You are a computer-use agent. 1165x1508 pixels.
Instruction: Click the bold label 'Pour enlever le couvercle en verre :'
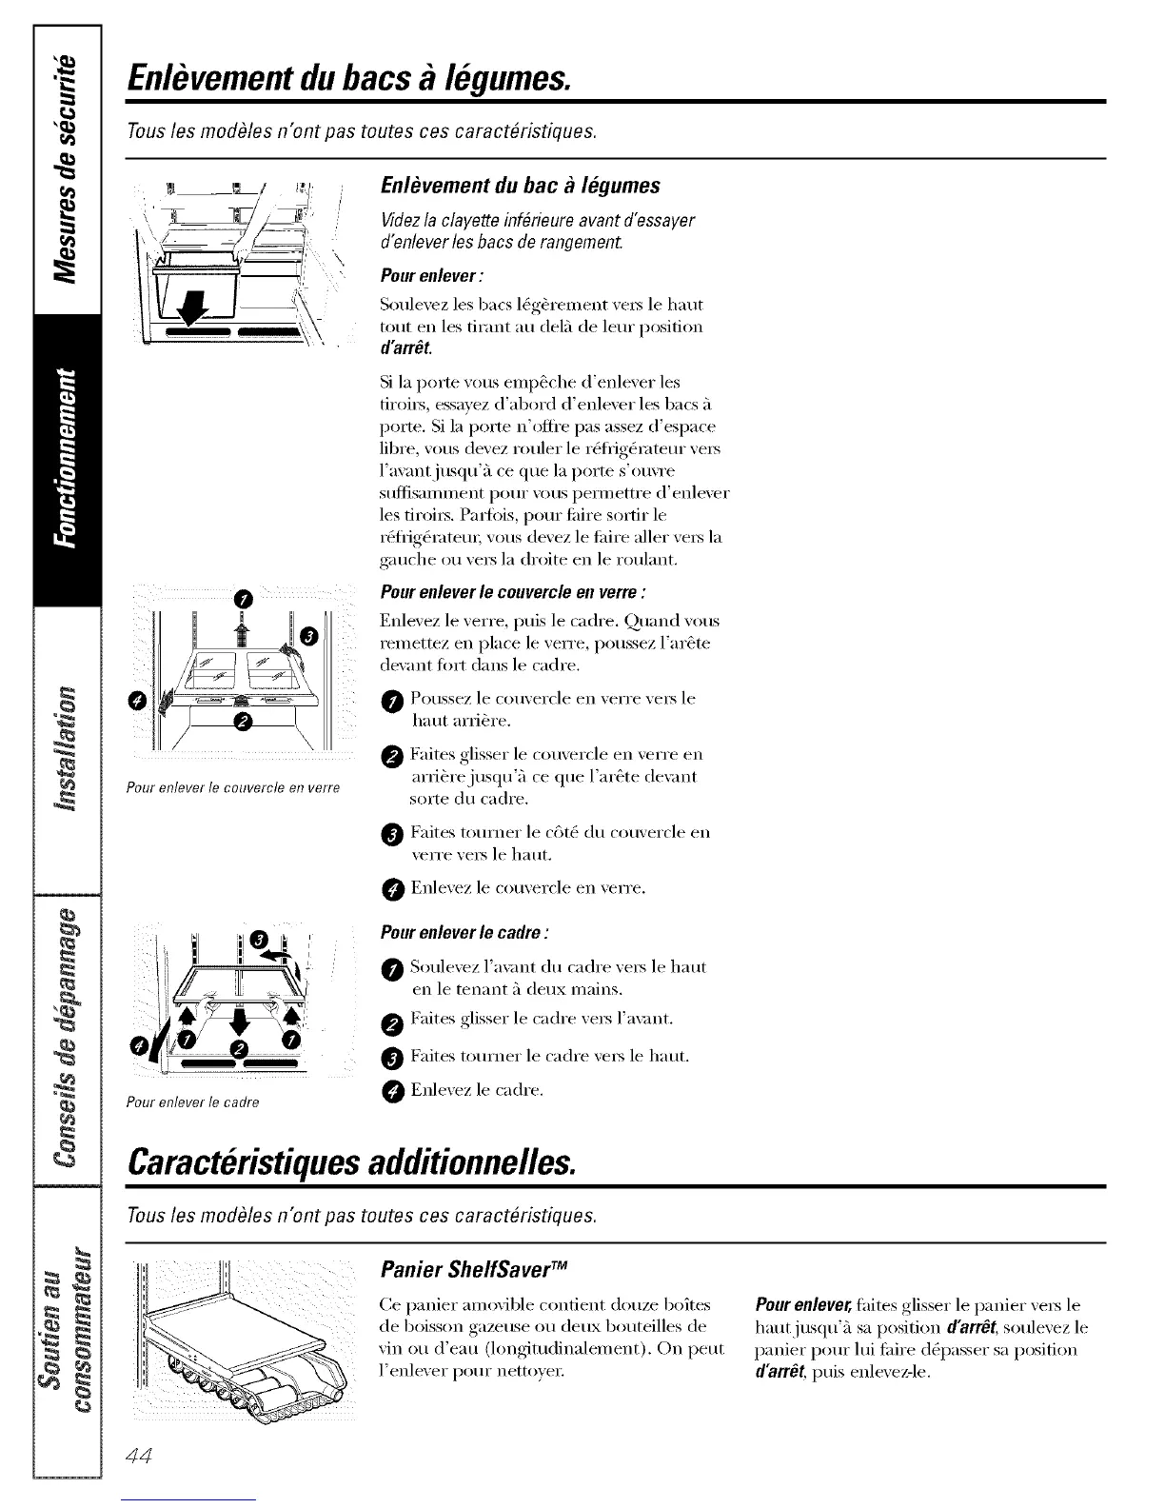(x=513, y=593)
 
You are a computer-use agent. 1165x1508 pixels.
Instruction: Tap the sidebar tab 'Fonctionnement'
(x=66, y=458)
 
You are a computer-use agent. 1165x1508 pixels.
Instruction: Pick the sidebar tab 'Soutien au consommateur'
(x=66, y=1324)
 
